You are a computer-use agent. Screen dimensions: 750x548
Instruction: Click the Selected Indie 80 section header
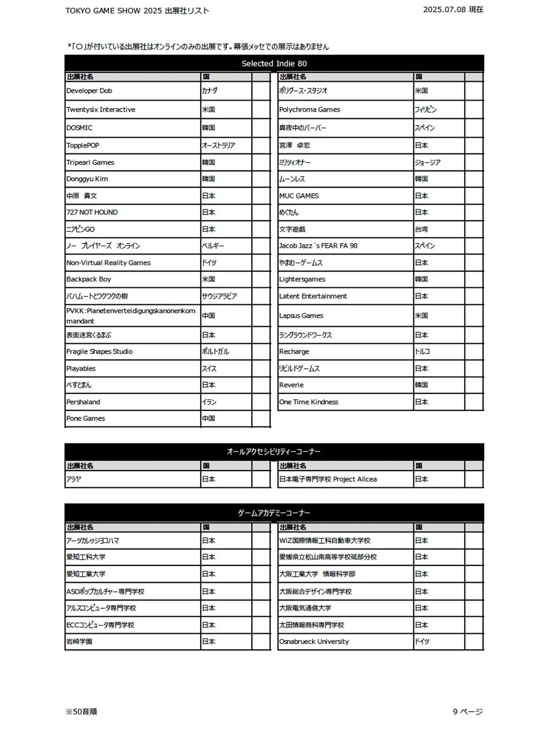274,63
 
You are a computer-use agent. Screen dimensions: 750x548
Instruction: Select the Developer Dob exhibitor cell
89,91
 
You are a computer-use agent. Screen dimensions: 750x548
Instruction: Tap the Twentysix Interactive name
101,109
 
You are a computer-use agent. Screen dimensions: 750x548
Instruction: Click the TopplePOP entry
83,146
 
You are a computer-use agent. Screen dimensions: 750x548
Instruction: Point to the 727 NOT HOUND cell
92,212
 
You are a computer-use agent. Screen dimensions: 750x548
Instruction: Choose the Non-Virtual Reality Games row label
108,263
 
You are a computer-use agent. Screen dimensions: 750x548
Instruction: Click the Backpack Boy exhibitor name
89,279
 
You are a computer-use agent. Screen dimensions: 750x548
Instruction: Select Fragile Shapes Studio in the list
99,352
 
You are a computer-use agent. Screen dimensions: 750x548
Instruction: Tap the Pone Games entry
86,418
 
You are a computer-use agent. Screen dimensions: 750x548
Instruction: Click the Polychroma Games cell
310,109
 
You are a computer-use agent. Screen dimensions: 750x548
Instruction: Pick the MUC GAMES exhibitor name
299,196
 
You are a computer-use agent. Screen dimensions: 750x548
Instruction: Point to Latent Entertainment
313,296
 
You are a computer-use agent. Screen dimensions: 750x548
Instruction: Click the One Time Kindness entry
308,402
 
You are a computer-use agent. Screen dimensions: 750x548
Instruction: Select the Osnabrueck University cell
314,642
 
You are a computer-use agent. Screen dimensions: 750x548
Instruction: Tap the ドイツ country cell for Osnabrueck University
422,642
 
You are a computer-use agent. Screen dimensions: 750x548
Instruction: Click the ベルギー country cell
213,246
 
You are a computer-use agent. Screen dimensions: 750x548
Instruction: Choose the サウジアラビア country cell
220,296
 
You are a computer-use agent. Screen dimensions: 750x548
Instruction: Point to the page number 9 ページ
467,712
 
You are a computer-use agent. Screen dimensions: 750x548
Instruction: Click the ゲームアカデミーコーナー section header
274,513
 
